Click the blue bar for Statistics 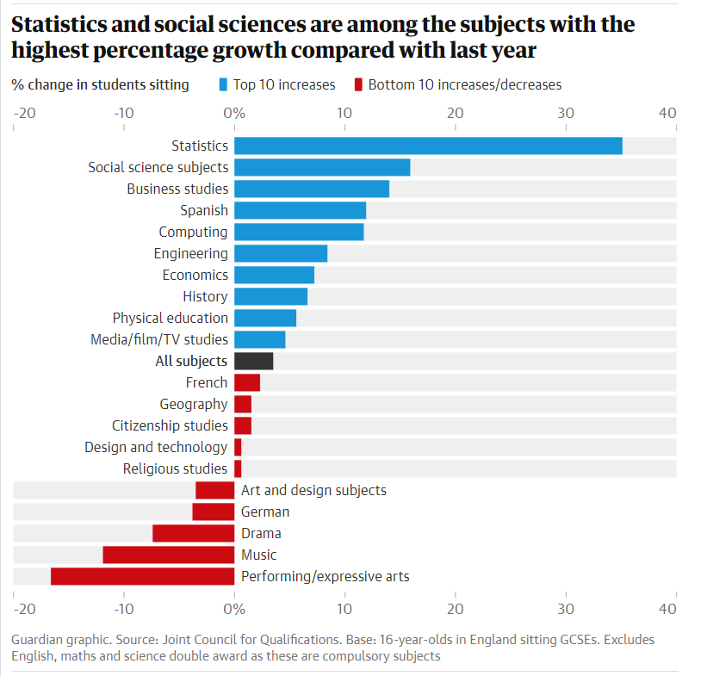428,146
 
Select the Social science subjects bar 322,167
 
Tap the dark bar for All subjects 254,361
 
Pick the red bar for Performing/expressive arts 142,576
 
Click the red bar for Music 169,555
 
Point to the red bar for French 247,382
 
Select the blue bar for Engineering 281,253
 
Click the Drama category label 261,533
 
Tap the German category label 265,512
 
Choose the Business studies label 177,189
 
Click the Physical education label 170,318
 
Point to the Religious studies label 175,468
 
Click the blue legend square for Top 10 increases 224,84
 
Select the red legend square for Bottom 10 359,84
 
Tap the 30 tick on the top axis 566,113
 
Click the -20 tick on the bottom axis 24,609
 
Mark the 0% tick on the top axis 234,113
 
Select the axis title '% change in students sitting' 101,84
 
